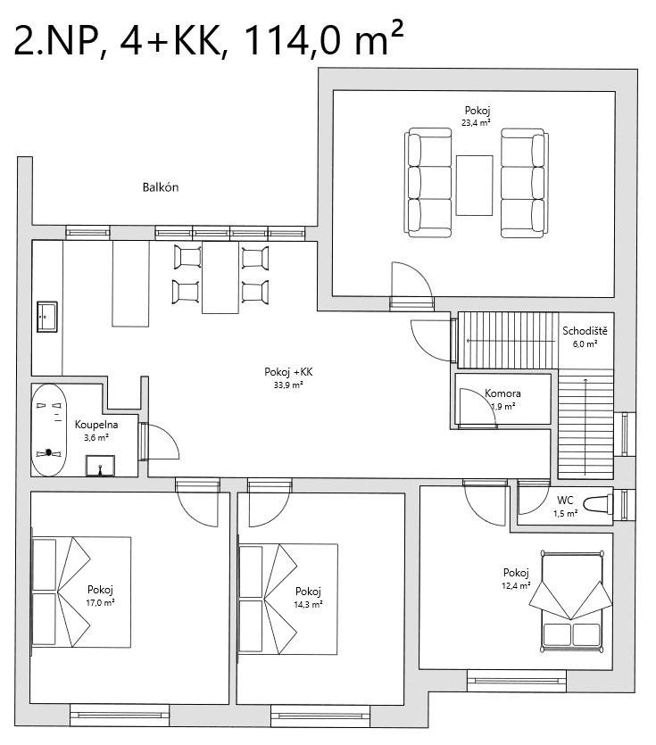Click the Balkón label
click(161, 187)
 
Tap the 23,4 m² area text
click(476, 122)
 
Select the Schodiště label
click(585, 331)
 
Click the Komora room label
click(502, 393)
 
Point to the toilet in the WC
click(598, 503)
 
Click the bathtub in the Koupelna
click(49, 430)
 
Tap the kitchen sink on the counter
click(47, 317)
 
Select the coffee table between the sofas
click(474, 186)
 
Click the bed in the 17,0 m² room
click(81, 592)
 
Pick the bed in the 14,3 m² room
click(288, 600)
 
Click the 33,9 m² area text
click(288, 385)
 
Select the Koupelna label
click(96, 425)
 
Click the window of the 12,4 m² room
click(516, 681)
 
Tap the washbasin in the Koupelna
click(100, 466)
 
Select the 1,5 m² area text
click(565, 513)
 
